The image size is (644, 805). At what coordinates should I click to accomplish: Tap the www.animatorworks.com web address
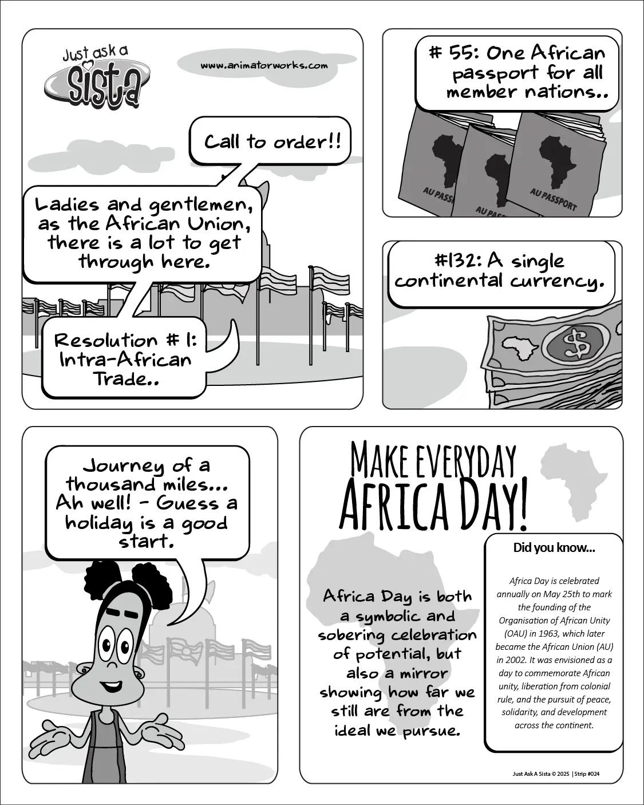point(264,65)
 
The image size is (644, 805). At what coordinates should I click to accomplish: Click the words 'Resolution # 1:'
point(125,340)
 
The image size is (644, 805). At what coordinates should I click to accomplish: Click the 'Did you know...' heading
point(554,548)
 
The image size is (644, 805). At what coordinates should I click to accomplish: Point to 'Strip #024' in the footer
point(588,774)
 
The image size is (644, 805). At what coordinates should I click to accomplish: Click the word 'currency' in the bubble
point(555,281)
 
